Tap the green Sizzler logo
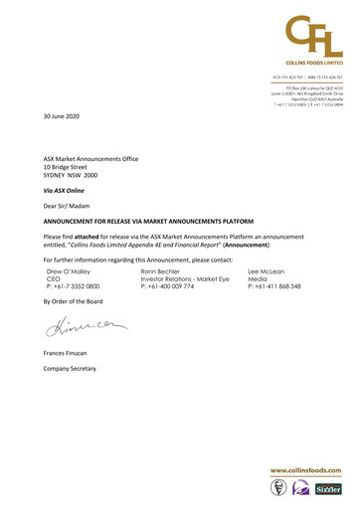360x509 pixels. click(330, 489)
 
